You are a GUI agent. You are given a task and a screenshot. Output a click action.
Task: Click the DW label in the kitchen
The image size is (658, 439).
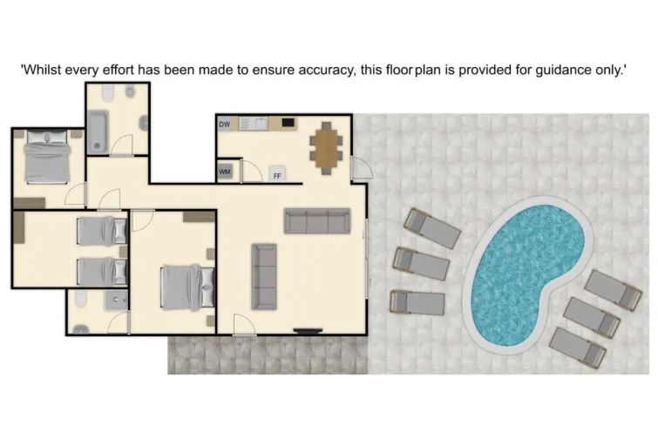click(x=225, y=125)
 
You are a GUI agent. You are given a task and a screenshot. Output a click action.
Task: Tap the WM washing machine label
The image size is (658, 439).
click(x=225, y=172)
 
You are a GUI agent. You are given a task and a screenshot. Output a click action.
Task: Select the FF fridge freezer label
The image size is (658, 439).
click(x=277, y=175)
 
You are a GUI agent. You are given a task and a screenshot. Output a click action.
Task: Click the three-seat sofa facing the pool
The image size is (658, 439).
click(x=317, y=220)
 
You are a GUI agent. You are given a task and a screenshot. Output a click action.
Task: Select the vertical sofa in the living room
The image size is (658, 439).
click(x=264, y=275)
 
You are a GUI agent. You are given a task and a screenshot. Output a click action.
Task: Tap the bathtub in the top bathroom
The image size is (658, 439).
click(x=96, y=131)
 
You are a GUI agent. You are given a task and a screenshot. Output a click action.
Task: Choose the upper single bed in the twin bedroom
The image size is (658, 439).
click(x=102, y=231)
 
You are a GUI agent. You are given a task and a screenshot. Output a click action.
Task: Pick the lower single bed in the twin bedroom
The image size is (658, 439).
click(x=102, y=271)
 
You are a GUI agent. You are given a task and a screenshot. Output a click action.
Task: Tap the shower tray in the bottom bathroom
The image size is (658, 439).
click(x=116, y=302)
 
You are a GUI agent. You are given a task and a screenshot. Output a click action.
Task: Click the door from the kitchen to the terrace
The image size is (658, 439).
click(x=360, y=168)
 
